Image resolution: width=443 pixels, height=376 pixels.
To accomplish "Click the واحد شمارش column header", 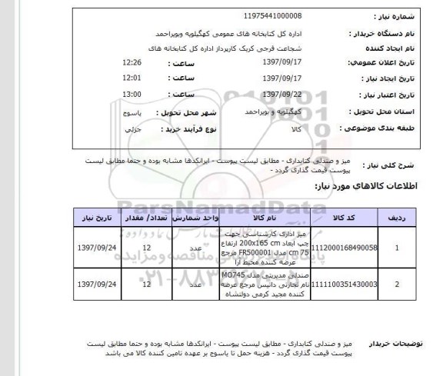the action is pos(197,218).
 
